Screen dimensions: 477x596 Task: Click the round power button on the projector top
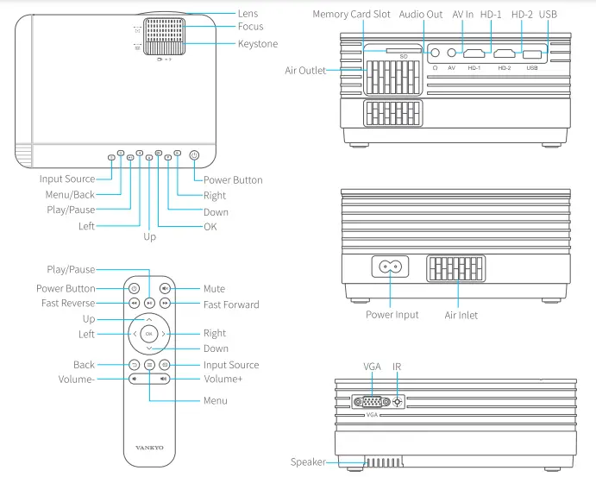[193, 156]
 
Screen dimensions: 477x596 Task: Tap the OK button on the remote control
[149, 333]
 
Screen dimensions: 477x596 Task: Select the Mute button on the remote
[165, 289]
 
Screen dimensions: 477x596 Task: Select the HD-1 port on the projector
[473, 53]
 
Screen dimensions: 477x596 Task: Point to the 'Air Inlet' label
[461, 315]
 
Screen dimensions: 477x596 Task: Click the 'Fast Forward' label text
[231, 304]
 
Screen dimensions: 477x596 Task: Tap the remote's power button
[134, 289]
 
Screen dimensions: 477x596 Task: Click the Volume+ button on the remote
[164, 379]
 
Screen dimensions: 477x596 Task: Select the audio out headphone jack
[435, 53]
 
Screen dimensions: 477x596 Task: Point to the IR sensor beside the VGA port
[398, 401]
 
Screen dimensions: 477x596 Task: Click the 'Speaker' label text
[308, 462]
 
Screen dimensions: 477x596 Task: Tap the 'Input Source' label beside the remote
[231, 365]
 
